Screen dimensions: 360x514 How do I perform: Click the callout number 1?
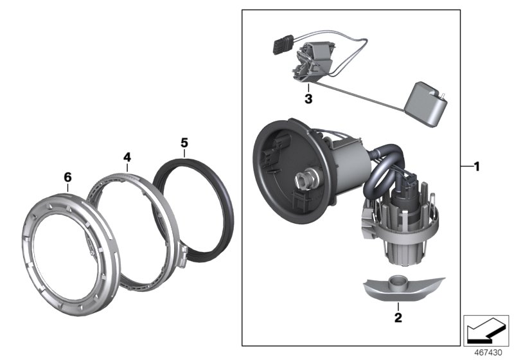tap(476, 166)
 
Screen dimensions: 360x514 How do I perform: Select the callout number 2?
tap(398, 317)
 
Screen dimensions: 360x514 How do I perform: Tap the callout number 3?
tap(308, 99)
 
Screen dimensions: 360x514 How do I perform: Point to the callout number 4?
tap(127, 156)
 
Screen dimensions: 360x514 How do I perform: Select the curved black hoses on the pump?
tap(379, 177)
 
